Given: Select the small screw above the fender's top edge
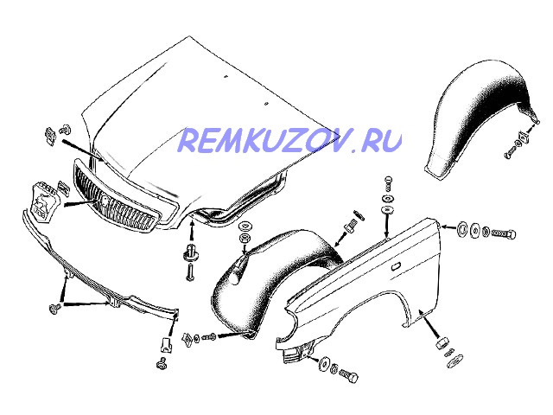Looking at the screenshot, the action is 385,184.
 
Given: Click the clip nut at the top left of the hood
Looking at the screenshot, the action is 50,135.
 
